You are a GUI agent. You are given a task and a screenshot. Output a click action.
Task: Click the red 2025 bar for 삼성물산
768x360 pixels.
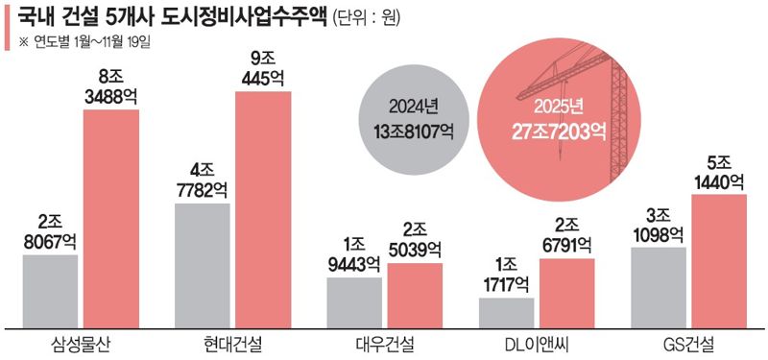pos(111,218)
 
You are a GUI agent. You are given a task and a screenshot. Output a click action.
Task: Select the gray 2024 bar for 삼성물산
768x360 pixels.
pos(49,290)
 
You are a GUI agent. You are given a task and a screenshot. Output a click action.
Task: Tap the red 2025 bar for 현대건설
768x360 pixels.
pos(262,208)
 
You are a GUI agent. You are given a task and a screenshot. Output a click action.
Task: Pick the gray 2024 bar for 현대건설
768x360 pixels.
pos(202,264)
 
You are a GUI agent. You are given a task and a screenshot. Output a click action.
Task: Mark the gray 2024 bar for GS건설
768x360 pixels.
pos(658,286)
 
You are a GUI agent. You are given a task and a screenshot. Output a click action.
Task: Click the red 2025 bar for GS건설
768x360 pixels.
pos(718,259)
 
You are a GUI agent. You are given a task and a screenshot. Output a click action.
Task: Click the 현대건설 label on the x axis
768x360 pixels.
pos(232,343)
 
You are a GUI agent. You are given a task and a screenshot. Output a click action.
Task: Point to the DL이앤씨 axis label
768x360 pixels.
pos(537,343)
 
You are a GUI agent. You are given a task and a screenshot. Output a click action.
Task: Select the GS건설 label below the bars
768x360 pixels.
pos(688,343)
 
